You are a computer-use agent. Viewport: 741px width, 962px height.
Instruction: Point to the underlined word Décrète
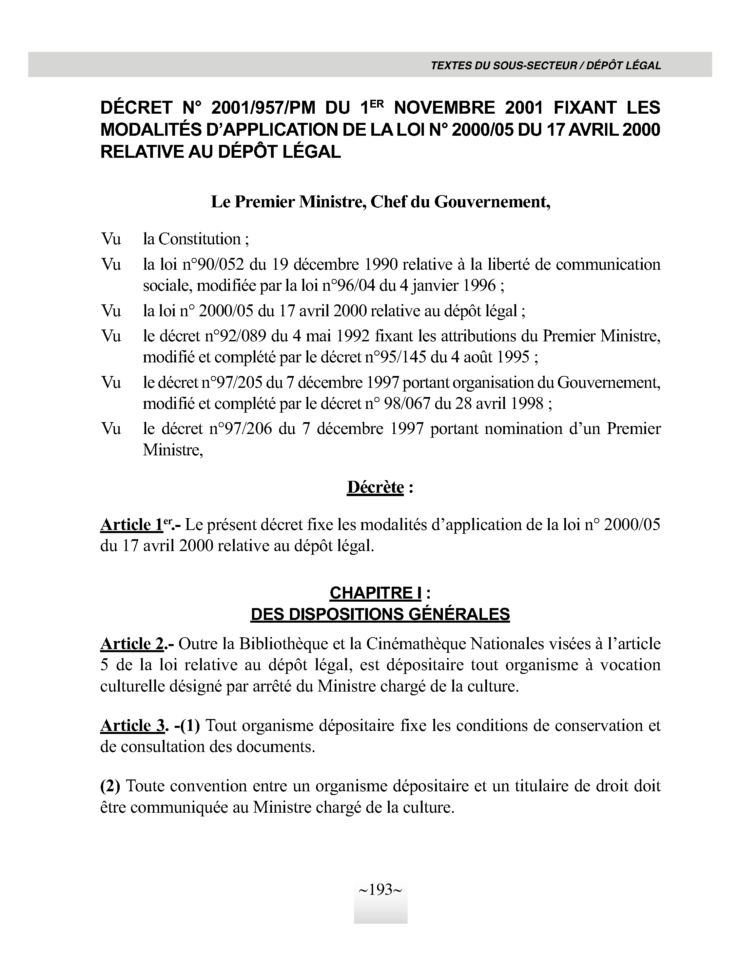(375, 487)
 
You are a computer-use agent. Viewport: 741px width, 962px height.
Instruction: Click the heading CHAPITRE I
(375, 593)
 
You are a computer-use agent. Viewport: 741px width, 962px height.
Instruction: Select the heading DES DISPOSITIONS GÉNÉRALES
(380, 614)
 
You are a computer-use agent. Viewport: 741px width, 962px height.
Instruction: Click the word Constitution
(199, 239)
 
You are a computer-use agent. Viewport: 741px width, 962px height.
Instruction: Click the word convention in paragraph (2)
(211, 786)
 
